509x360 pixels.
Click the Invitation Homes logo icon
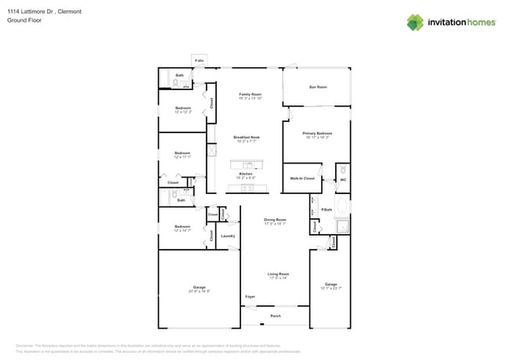415,22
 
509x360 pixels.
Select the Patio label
200,60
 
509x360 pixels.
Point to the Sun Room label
317,87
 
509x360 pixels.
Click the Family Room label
250,94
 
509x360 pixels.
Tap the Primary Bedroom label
317,134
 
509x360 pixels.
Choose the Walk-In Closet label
301,178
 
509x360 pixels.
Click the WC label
343,179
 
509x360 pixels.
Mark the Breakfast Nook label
246,137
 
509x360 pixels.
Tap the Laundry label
228,236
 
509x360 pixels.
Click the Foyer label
250,297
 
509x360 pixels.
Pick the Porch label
275,316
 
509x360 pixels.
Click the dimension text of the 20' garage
199,291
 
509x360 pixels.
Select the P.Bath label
327,210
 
